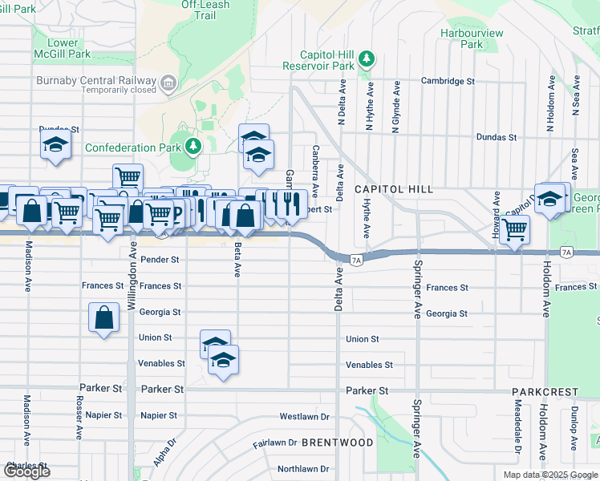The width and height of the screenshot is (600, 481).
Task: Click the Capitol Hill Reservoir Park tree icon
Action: [367, 58]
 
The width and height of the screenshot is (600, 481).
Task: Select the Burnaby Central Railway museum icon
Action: [168, 81]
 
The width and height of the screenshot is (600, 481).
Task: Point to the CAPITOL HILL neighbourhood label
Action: [394, 189]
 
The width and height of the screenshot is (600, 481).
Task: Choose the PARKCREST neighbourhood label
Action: [545, 392]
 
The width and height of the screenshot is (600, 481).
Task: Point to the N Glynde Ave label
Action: [395, 107]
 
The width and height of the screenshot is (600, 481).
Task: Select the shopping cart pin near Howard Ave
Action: [513, 229]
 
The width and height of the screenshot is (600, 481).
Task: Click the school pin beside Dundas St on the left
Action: [55, 145]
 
